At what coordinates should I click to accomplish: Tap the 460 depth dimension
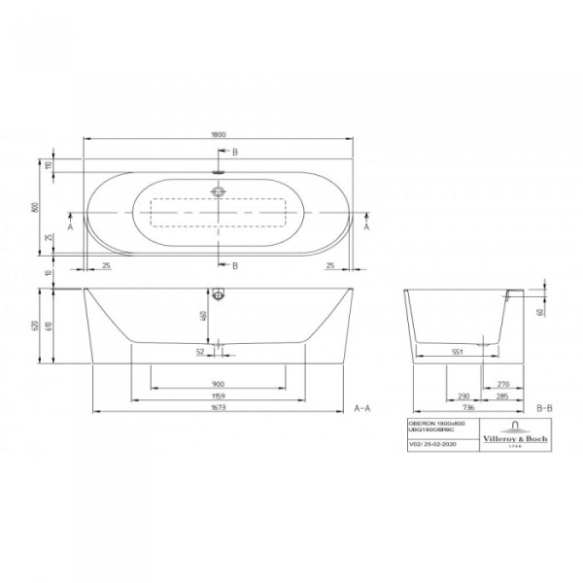point(205,316)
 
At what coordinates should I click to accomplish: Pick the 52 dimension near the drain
point(201,351)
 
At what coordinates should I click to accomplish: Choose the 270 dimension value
point(501,384)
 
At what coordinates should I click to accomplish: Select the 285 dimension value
point(501,396)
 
